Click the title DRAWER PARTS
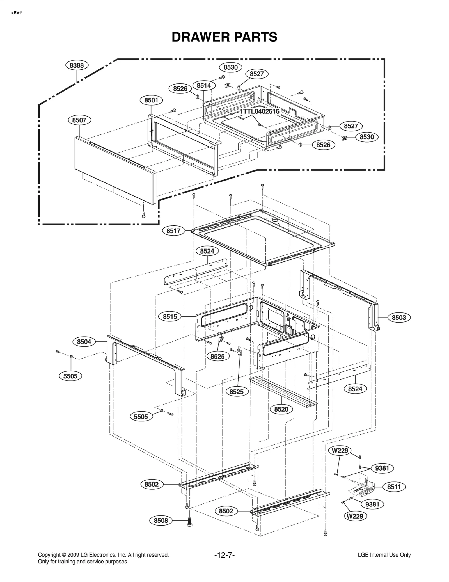click(224, 37)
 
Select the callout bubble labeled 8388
click(77, 65)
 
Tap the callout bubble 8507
click(79, 120)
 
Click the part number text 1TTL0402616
click(259, 111)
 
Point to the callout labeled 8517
click(173, 231)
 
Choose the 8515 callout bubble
click(170, 316)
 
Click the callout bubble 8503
click(398, 318)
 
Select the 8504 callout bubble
click(84, 342)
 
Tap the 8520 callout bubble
click(281, 409)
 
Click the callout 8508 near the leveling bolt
click(161, 521)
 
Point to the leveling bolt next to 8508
click(190, 522)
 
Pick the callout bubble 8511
click(394, 487)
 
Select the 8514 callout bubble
click(204, 85)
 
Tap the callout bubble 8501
click(151, 100)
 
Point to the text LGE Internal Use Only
click(384, 555)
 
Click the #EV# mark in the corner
click(16, 13)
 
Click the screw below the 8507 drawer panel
click(144, 215)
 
